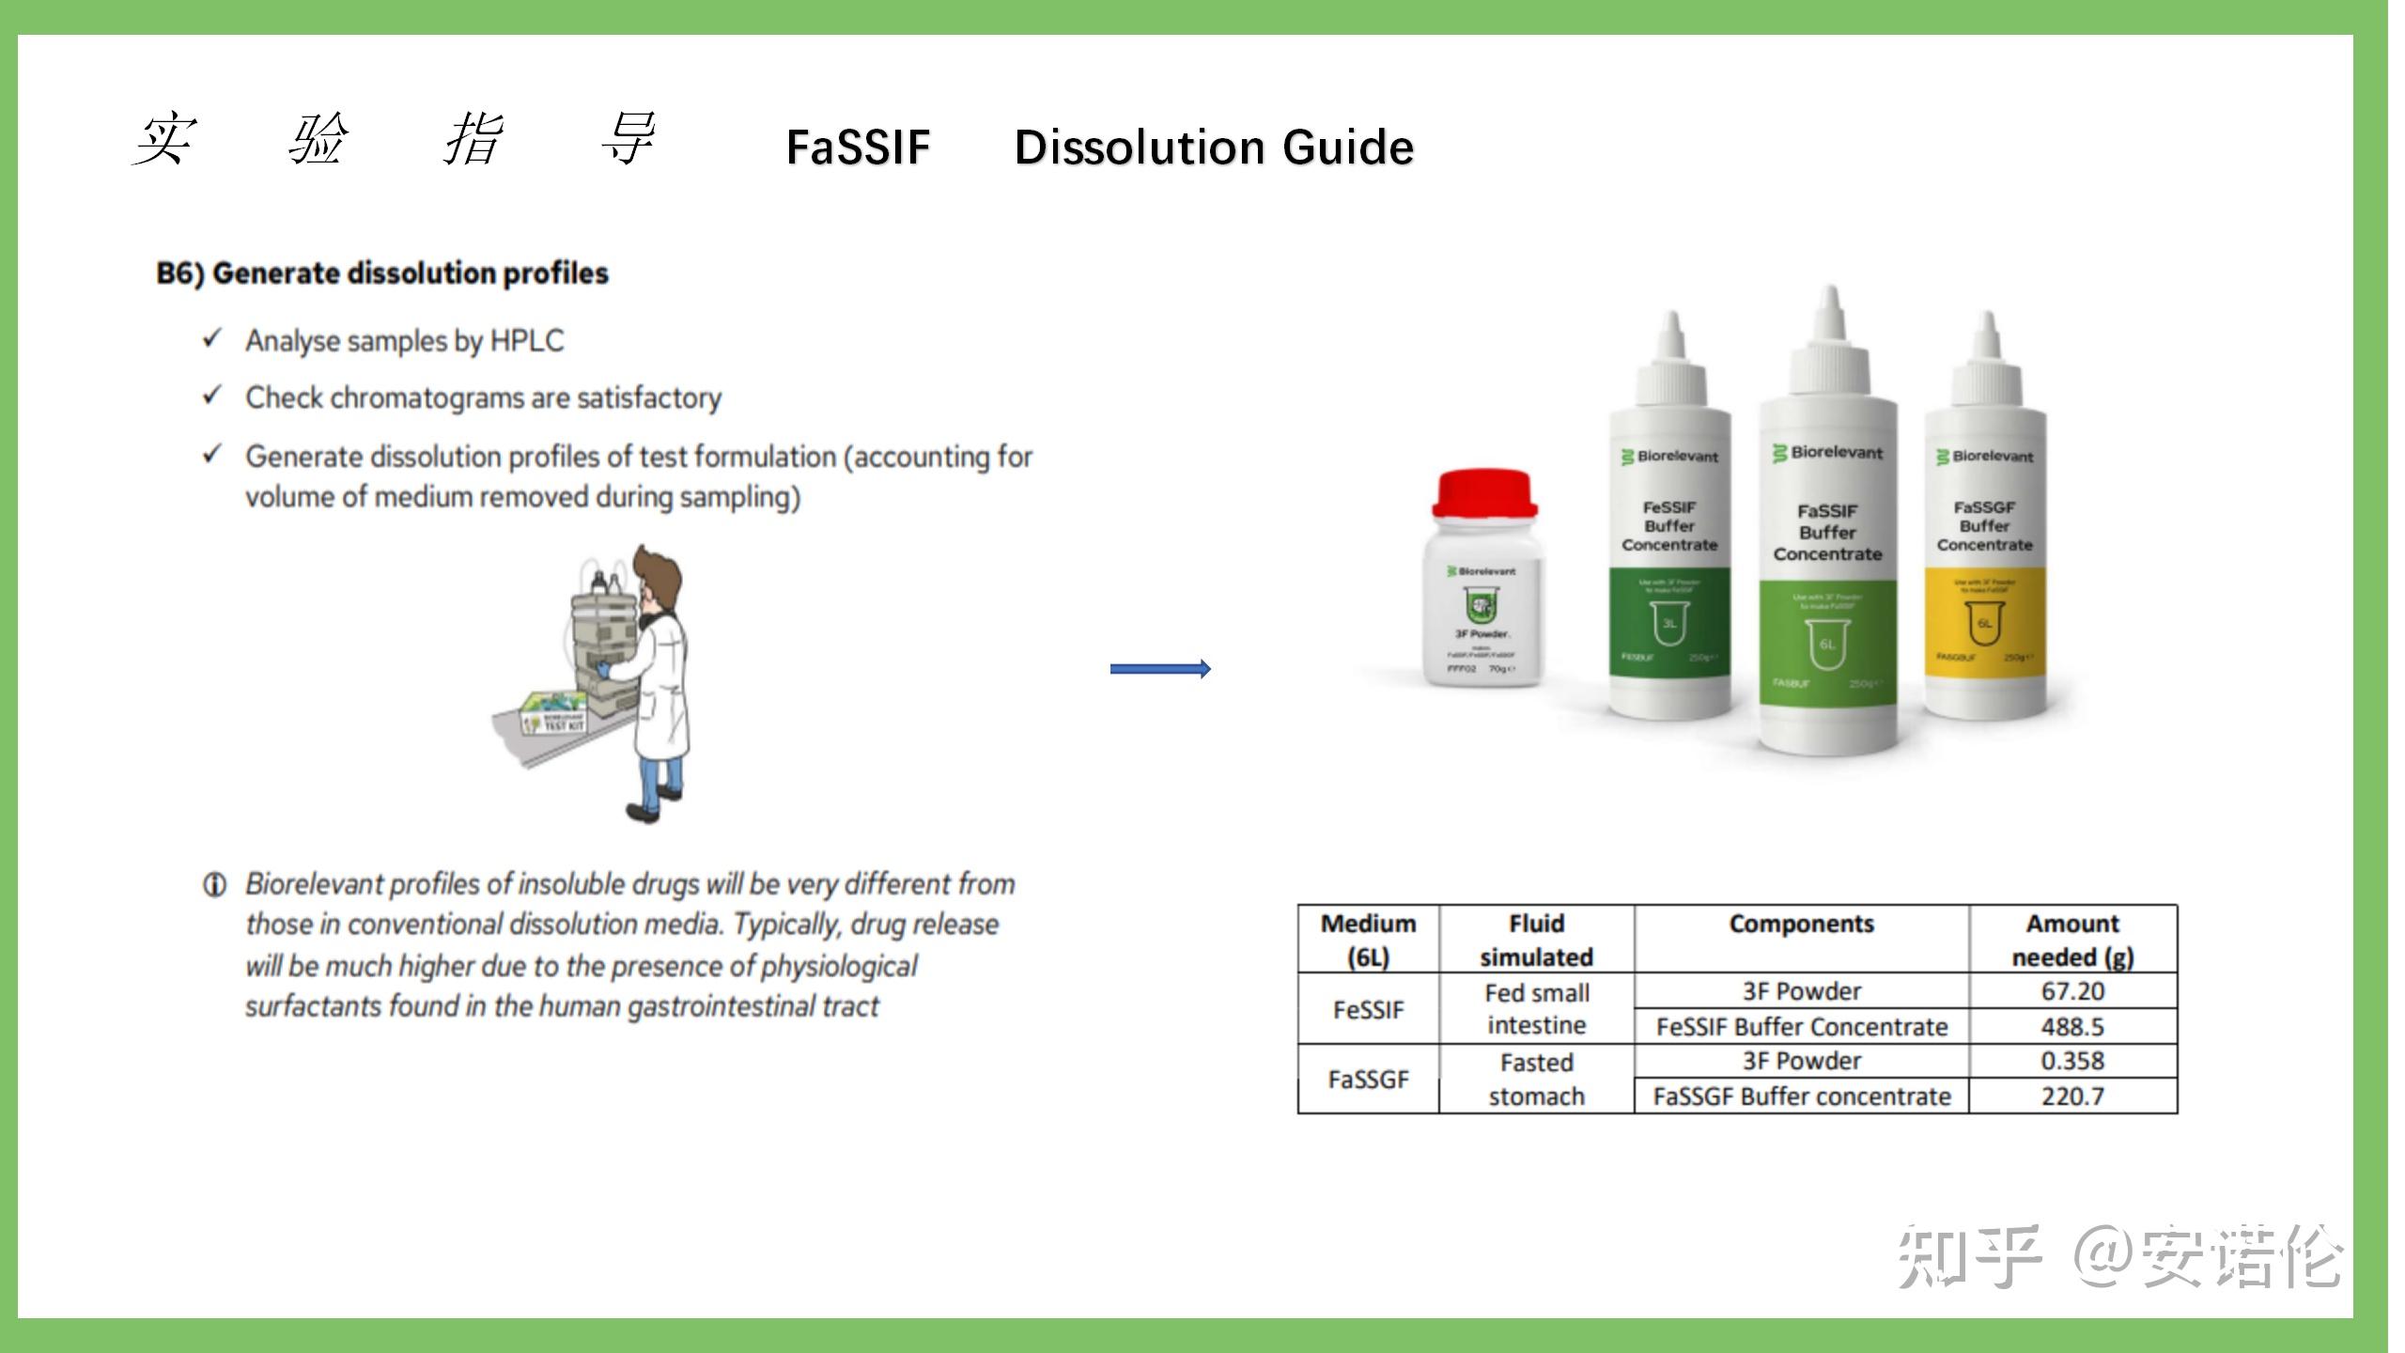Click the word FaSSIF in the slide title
(x=857, y=148)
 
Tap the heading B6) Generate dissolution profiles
(x=382, y=273)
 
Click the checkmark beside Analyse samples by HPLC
(x=212, y=338)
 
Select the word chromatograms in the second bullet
(x=427, y=398)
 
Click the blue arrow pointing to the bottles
(x=1160, y=669)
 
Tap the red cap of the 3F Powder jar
(x=1484, y=493)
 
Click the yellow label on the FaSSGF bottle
(x=1985, y=620)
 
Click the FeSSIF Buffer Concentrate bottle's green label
(x=1669, y=620)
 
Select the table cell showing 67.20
(x=2072, y=991)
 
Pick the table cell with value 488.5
(x=2072, y=1026)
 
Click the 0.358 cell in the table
(x=2072, y=1061)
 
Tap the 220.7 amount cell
(x=2072, y=1096)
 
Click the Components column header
(x=1801, y=925)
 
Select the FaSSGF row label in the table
(x=1368, y=1080)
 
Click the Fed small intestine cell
(x=1536, y=1008)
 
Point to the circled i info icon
(x=214, y=884)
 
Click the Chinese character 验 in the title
(x=318, y=139)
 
